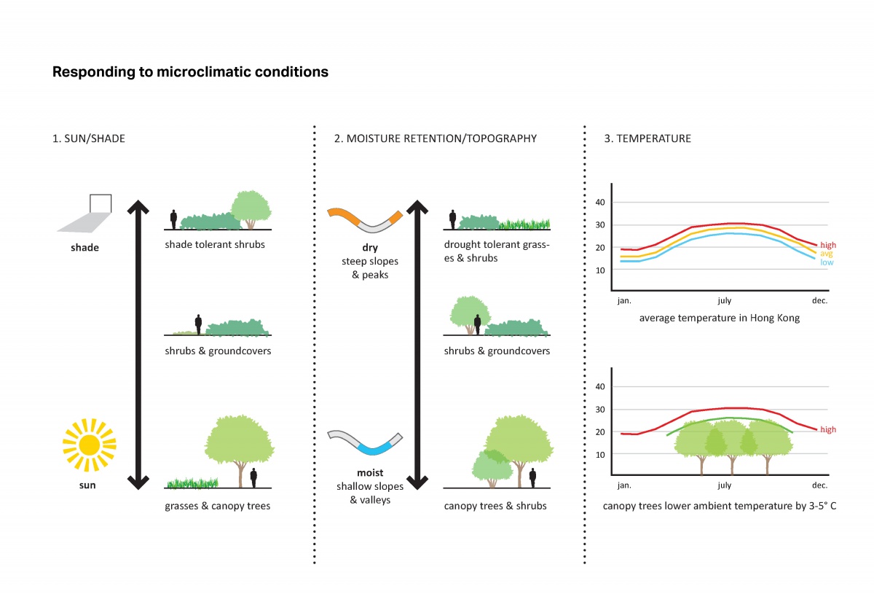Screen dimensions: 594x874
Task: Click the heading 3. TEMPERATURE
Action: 647,138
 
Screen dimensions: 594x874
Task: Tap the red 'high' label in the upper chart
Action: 828,246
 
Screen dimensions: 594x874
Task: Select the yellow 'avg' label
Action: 827,254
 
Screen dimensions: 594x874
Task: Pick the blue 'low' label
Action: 827,262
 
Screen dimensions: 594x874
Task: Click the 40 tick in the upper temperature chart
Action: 600,203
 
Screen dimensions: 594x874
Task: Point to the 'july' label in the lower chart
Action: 724,485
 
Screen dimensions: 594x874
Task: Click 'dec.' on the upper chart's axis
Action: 820,300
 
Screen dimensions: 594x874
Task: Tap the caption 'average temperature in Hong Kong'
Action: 720,319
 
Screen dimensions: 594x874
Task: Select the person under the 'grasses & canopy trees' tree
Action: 253,477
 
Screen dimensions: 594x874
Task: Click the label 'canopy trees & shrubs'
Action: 495,506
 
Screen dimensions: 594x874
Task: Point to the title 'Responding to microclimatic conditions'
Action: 190,72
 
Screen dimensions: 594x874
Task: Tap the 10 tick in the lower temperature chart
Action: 600,454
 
